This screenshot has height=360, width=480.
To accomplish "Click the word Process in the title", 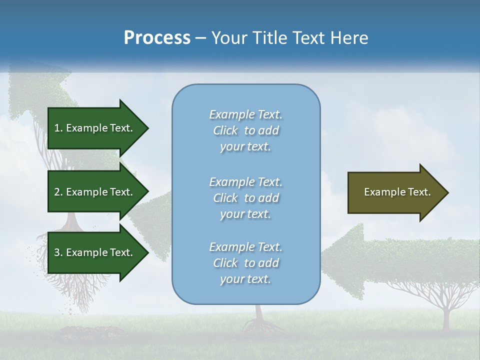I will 157,38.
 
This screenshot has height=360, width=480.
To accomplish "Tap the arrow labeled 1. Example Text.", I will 95,128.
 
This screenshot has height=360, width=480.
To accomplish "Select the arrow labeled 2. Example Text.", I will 95,192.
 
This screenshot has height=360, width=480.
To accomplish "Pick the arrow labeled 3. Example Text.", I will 95,252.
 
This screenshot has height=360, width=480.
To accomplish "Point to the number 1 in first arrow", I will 57,128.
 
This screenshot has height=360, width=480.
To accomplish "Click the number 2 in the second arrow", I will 57,192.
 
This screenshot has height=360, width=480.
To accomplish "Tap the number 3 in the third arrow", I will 57,252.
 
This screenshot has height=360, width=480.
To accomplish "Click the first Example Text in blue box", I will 245,114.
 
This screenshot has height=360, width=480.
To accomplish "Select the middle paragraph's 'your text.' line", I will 245,214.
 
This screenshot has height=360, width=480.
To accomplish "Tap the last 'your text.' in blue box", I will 245,279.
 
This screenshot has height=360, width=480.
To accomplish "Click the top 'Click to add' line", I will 245,130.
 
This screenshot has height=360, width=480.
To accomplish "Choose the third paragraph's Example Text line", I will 245,247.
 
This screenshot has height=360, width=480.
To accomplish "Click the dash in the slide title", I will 201,38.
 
